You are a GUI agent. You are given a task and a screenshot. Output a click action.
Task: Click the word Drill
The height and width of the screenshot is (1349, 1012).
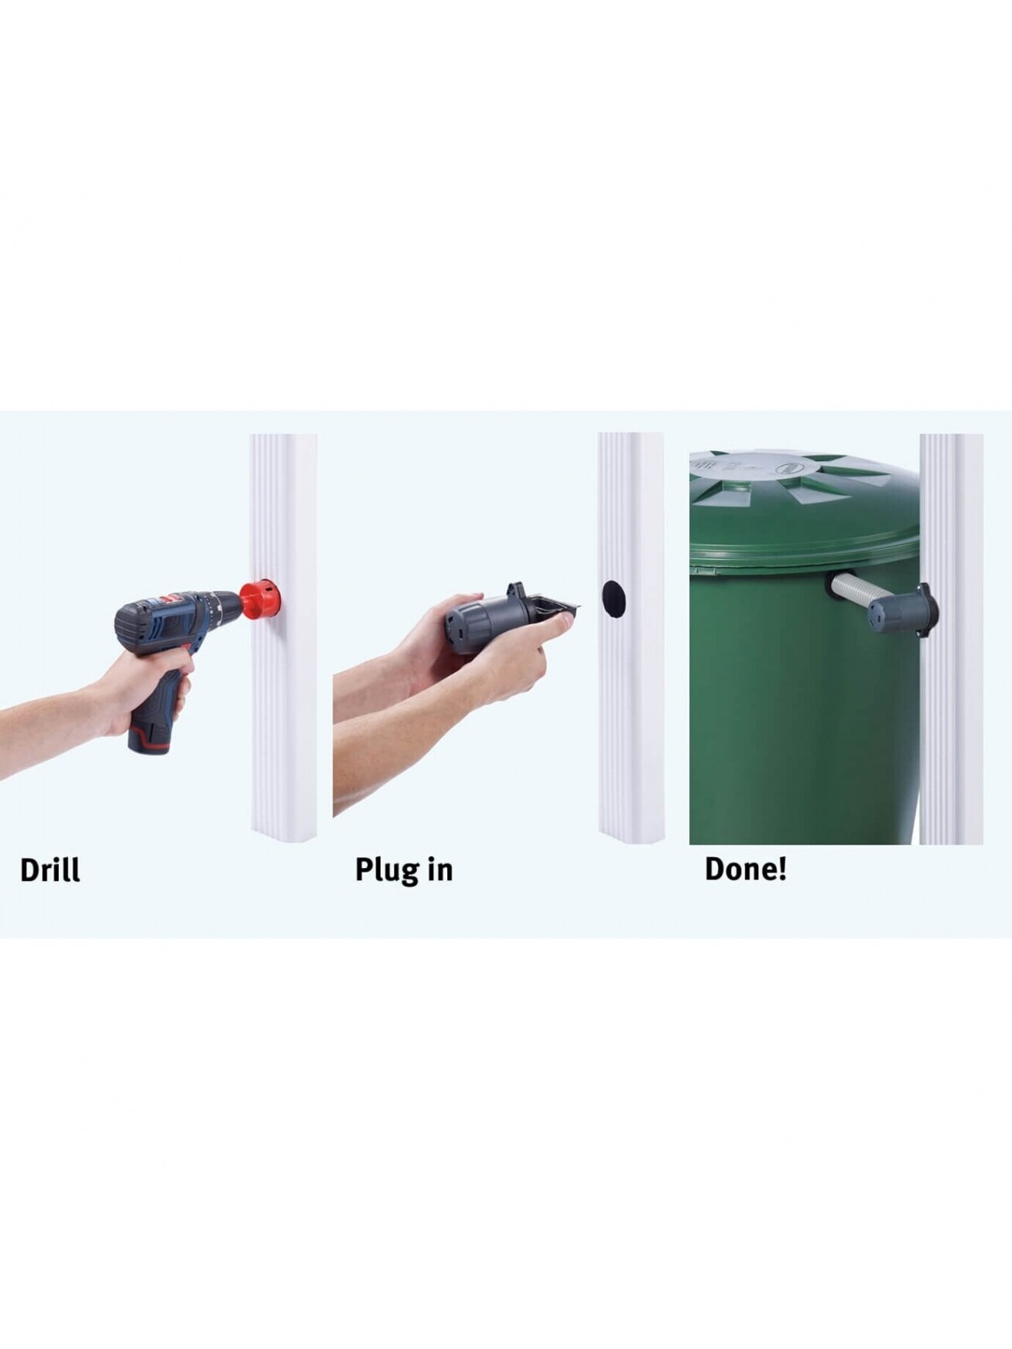[50, 869]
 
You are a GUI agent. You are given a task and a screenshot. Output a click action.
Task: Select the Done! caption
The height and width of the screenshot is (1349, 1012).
[745, 869]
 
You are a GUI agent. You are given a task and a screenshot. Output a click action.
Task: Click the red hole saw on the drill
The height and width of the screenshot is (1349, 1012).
[257, 599]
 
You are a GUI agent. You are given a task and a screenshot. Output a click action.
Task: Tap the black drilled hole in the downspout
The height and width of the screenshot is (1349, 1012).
[613, 599]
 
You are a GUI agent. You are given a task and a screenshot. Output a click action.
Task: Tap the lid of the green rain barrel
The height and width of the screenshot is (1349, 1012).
[805, 507]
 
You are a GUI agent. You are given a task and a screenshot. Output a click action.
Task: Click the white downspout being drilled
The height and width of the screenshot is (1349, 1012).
[283, 637]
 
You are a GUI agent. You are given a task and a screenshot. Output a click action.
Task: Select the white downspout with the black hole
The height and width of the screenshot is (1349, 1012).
[631, 637]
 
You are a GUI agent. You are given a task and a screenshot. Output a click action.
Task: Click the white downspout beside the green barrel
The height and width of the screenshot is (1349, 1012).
[951, 639]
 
